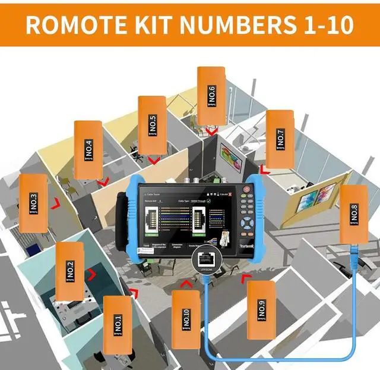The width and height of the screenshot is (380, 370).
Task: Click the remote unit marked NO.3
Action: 33,203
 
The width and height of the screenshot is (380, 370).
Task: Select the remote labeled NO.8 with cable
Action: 354,213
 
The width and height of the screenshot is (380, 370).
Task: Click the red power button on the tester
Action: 246,189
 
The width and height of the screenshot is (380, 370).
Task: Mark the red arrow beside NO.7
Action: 264,171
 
